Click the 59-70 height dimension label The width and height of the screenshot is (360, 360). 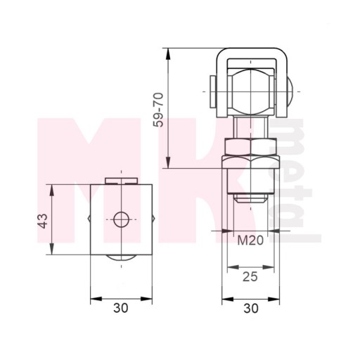pyautogui.click(x=159, y=110)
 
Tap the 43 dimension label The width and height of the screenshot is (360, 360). pyautogui.click(x=43, y=221)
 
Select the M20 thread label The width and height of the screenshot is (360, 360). pyautogui.click(x=250, y=240)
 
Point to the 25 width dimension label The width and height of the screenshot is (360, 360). pyautogui.click(x=250, y=277)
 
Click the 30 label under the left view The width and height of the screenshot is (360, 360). pyautogui.click(x=121, y=308)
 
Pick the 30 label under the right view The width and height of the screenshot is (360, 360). pyautogui.click(x=251, y=308)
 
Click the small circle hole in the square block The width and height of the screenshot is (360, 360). pyautogui.click(x=121, y=219)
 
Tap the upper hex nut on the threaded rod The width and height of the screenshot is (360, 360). pyautogui.click(x=251, y=146)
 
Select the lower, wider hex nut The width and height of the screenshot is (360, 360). pyautogui.click(x=251, y=162)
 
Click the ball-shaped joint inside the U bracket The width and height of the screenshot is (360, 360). pyautogui.click(x=251, y=91)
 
